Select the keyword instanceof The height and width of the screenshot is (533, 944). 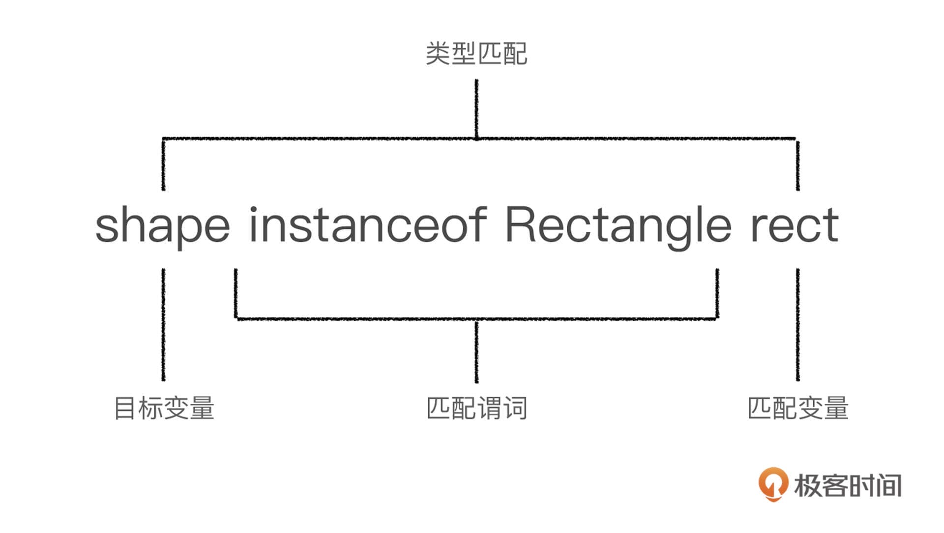pyautogui.click(x=368, y=225)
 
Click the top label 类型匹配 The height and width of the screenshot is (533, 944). pyautogui.click(x=476, y=54)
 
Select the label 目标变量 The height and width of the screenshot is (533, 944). pyautogui.click(x=164, y=408)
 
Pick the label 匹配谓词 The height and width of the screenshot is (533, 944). pyautogui.click(x=476, y=408)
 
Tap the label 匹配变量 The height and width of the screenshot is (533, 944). pyautogui.click(x=798, y=408)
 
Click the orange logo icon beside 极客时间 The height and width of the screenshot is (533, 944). pyautogui.click(x=773, y=484)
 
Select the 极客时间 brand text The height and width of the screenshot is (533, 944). pyautogui.click(x=848, y=485)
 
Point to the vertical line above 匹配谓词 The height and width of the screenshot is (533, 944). pyautogui.click(x=476, y=351)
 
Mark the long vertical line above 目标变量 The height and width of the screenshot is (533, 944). pyautogui.click(x=163, y=324)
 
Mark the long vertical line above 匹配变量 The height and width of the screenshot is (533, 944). pyautogui.click(x=797, y=324)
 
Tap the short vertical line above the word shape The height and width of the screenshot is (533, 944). pyautogui.click(x=163, y=165)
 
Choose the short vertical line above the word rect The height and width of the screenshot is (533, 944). pyautogui.click(x=797, y=165)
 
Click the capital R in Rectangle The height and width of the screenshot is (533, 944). pyautogui.click(x=522, y=225)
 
